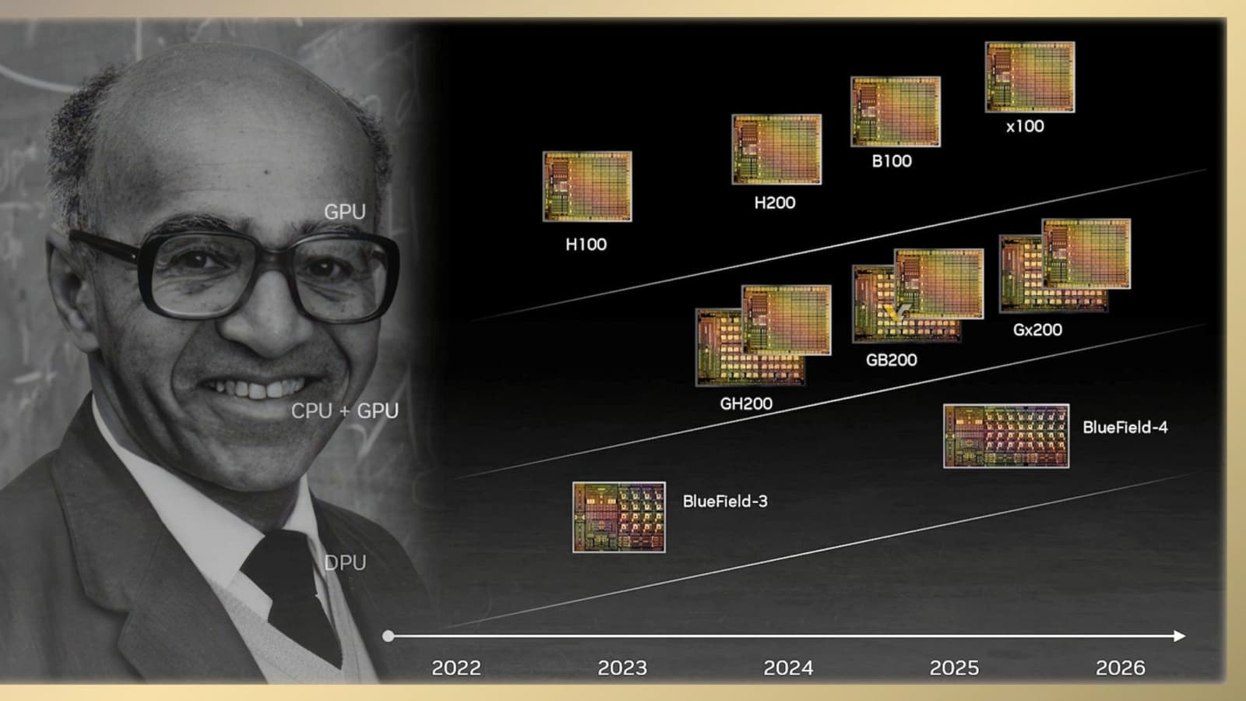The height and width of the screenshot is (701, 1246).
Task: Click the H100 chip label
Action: click(x=586, y=245)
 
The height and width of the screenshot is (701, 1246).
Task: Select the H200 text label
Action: click(x=775, y=203)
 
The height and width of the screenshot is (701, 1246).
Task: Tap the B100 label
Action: click(x=892, y=161)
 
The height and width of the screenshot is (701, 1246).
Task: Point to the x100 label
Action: click(x=1025, y=126)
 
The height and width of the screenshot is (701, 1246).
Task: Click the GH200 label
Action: click(x=746, y=403)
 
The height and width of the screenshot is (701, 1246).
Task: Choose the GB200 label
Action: click(x=891, y=360)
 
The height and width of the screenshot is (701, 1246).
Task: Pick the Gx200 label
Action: click(x=1037, y=330)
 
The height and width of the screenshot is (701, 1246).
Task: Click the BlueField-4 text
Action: click(x=1125, y=428)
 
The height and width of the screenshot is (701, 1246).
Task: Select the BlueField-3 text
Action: click(x=725, y=502)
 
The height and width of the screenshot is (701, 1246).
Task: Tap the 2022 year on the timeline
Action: click(x=456, y=668)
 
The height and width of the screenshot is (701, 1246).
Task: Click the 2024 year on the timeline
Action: click(x=788, y=668)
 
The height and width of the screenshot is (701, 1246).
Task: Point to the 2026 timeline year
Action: click(x=1121, y=668)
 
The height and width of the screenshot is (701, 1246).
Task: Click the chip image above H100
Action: click(x=587, y=186)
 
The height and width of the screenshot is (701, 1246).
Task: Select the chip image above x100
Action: click(x=1030, y=77)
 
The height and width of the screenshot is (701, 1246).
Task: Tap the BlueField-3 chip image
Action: click(x=618, y=517)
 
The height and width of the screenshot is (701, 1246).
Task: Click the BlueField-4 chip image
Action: click(x=1006, y=436)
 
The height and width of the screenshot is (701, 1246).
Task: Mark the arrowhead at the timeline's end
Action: click(x=1179, y=636)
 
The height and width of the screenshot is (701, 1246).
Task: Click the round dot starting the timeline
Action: click(x=389, y=636)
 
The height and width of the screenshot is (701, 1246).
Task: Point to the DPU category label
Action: click(x=345, y=563)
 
